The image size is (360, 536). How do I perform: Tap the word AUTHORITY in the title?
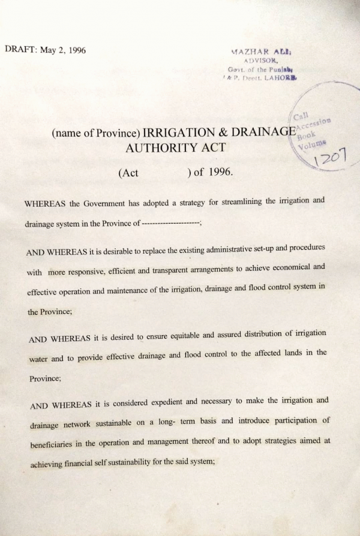[158, 147]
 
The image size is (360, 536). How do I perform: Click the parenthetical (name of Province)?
[96, 133]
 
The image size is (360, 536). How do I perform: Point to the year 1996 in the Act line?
[220, 173]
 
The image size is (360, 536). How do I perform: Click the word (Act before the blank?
[128, 173]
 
